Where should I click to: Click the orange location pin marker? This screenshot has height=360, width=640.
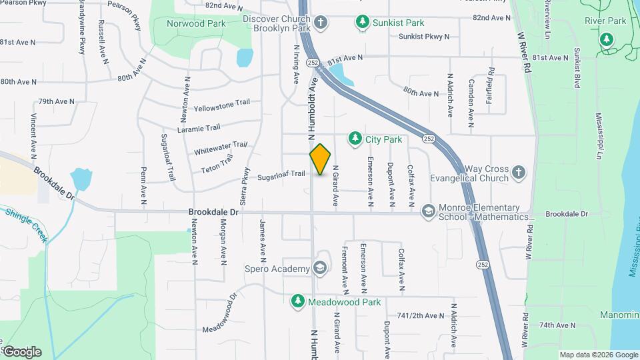pos(321,159)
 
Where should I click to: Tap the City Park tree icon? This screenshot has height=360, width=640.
pos(355,139)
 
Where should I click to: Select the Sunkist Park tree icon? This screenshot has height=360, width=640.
pos(362,22)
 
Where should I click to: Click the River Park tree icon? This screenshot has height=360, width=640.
pos(607,39)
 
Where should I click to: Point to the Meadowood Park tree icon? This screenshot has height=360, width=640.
pos(298,302)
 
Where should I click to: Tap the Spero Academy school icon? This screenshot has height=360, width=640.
pos(321,269)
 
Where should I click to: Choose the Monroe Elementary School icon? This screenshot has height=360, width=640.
pos(428,212)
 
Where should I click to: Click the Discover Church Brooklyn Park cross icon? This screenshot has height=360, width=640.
pos(321,23)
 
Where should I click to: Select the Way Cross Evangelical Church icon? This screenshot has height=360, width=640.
pos(519,173)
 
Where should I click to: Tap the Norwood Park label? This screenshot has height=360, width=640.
pos(196,23)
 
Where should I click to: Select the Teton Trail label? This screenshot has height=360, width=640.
pos(217,164)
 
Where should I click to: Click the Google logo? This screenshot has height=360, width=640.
pos(22,351)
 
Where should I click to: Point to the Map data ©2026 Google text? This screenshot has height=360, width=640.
pos(598,355)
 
